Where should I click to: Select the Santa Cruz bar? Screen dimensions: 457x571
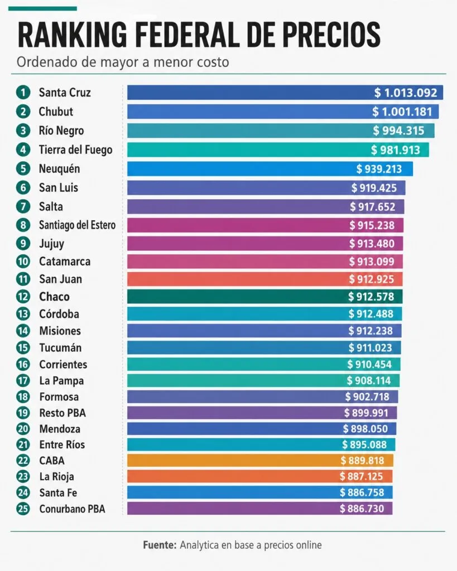285,93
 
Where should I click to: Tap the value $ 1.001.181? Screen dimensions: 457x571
402,112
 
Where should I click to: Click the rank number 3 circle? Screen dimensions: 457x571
23,130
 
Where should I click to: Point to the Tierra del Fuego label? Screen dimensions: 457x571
75,149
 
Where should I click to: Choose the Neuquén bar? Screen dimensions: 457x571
270,168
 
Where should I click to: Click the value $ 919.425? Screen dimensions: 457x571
374,188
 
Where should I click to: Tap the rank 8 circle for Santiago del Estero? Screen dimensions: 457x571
23,225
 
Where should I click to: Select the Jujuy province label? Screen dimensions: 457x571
52,244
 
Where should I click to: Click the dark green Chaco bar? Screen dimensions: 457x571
265,297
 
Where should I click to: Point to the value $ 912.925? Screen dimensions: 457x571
372,279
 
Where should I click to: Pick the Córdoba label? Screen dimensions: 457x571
59,313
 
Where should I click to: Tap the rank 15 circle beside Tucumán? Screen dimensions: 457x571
23,347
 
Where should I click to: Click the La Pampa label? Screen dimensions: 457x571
61,381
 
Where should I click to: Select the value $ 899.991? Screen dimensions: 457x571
366,413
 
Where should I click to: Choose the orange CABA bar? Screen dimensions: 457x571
260,460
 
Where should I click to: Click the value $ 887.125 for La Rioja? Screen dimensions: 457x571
362,476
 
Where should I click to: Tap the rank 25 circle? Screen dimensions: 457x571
23,509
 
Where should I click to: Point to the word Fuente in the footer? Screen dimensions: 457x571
160,545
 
